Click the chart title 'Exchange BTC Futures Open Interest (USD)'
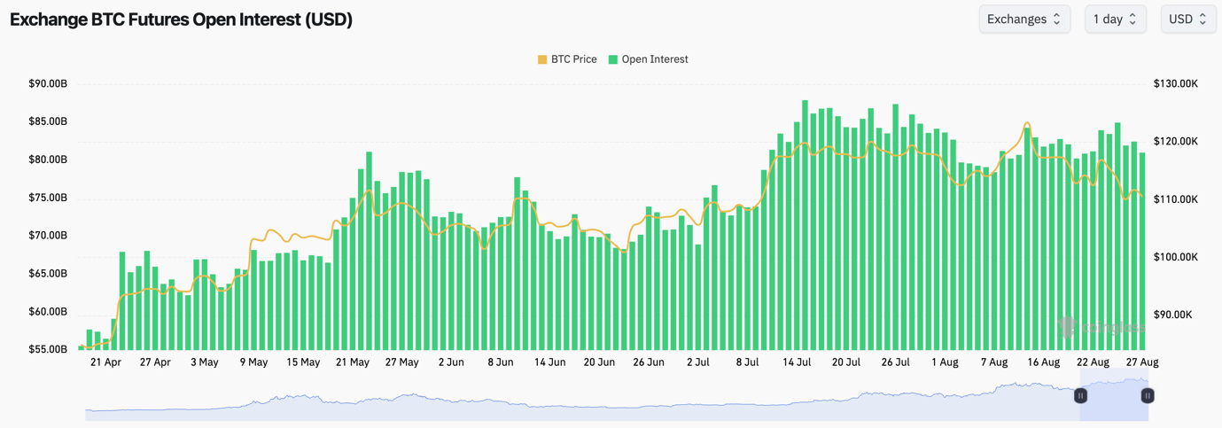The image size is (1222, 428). (x=181, y=19)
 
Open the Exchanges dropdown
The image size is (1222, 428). (x=1024, y=19)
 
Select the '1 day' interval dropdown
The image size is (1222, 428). (x=1115, y=19)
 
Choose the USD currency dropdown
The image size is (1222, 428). (x=1187, y=19)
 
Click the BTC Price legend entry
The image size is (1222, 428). (x=567, y=59)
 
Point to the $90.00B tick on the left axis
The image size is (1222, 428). (x=48, y=84)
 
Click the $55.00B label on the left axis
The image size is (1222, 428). (x=48, y=350)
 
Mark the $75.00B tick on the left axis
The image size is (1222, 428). (x=48, y=198)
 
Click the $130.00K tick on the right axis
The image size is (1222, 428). (x=1176, y=84)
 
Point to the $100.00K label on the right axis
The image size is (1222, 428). (x=1176, y=257)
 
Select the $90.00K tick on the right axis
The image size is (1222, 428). (x=1174, y=315)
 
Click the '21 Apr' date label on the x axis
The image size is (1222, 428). (x=106, y=362)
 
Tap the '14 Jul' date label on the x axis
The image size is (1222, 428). (x=797, y=362)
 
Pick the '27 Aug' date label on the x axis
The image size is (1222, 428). (x=1142, y=362)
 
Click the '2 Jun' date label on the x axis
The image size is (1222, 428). (x=451, y=362)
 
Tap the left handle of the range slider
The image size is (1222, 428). (x=1080, y=396)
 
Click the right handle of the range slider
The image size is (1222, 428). (x=1147, y=396)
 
